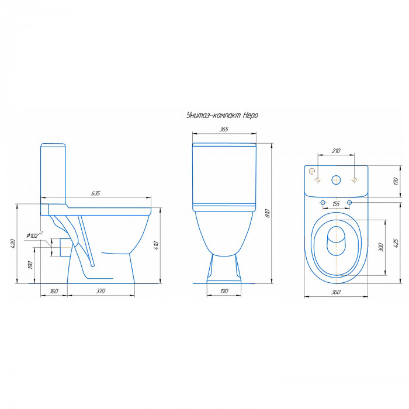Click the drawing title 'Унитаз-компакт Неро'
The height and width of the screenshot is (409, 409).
(x=222, y=115)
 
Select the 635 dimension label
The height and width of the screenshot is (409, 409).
(x=96, y=193)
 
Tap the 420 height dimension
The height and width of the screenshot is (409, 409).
(x=13, y=244)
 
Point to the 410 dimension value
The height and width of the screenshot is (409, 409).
(x=156, y=245)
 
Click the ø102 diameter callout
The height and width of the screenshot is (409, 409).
(x=34, y=235)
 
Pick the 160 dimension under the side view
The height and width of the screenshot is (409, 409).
(x=54, y=291)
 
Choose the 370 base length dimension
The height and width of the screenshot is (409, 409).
(x=100, y=291)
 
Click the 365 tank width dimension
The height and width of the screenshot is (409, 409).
(x=224, y=129)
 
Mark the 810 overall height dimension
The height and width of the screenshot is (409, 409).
(x=267, y=213)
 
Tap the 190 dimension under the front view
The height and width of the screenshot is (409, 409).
(x=224, y=291)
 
